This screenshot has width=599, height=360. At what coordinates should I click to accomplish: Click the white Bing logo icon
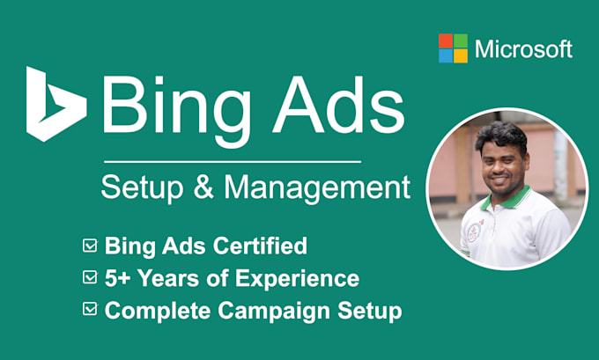[55, 103]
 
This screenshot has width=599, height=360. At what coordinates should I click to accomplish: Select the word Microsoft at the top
[523, 49]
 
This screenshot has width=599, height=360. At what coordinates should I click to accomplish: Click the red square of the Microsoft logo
[446, 40]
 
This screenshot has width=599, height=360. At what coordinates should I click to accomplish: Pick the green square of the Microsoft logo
[461, 40]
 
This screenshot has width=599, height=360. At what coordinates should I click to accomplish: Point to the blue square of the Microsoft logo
[446, 55]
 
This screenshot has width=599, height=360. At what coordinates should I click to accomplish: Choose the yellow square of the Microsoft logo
[461, 55]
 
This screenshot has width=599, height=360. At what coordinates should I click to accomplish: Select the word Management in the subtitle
[315, 187]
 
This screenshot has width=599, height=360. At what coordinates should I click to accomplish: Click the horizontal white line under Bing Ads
[232, 161]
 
